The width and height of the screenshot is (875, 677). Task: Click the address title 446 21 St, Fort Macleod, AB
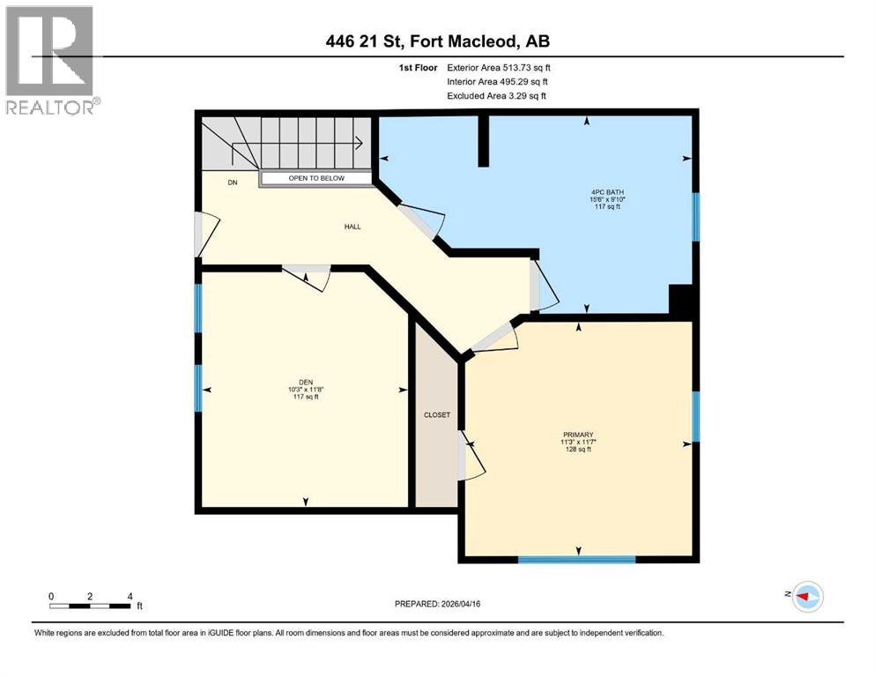[x=437, y=41]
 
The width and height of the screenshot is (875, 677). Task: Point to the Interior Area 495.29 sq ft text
[x=499, y=81]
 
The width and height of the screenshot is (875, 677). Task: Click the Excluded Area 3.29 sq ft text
[x=496, y=95]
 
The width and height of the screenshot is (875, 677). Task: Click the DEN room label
[x=305, y=390]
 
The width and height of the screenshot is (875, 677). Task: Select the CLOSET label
[x=436, y=414]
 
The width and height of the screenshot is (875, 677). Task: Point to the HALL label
[x=352, y=227]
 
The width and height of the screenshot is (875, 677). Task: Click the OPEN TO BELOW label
[x=317, y=179]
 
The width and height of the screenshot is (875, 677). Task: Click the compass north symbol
[x=806, y=597]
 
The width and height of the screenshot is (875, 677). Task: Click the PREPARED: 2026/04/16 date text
[x=437, y=605]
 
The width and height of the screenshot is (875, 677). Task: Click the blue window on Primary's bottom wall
[x=576, y=559]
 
